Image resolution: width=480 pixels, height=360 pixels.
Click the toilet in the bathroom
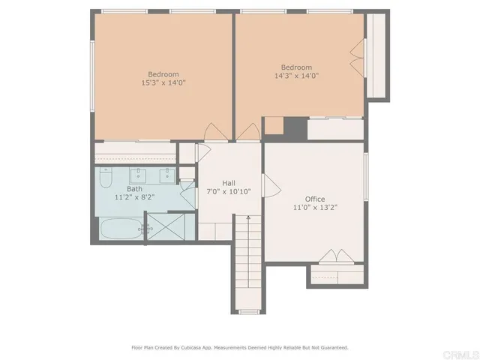point(106,180)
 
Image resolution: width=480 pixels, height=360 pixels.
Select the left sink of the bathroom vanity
point(138,177)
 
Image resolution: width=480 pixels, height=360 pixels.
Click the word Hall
point(229,183)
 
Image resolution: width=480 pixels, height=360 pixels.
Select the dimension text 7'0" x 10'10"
point(229,192)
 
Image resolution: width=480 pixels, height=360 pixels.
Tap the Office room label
point(314,199)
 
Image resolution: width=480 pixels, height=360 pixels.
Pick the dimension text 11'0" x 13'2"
point(314,208)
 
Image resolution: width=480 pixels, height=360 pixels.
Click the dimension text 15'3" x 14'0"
point(163,82)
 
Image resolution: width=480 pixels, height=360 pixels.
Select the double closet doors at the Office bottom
point(336,256)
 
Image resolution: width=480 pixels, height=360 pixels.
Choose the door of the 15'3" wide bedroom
point(214,132)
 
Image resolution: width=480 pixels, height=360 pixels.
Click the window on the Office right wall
point(366,178)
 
